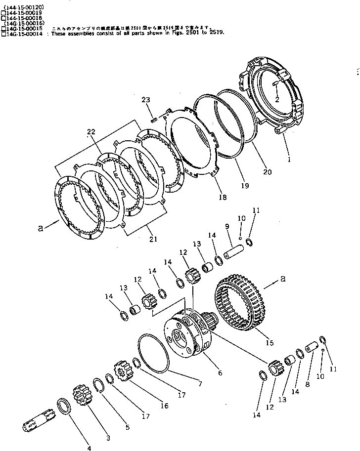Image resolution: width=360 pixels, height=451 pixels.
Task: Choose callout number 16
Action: pyautogui.click(x=164, y=406)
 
